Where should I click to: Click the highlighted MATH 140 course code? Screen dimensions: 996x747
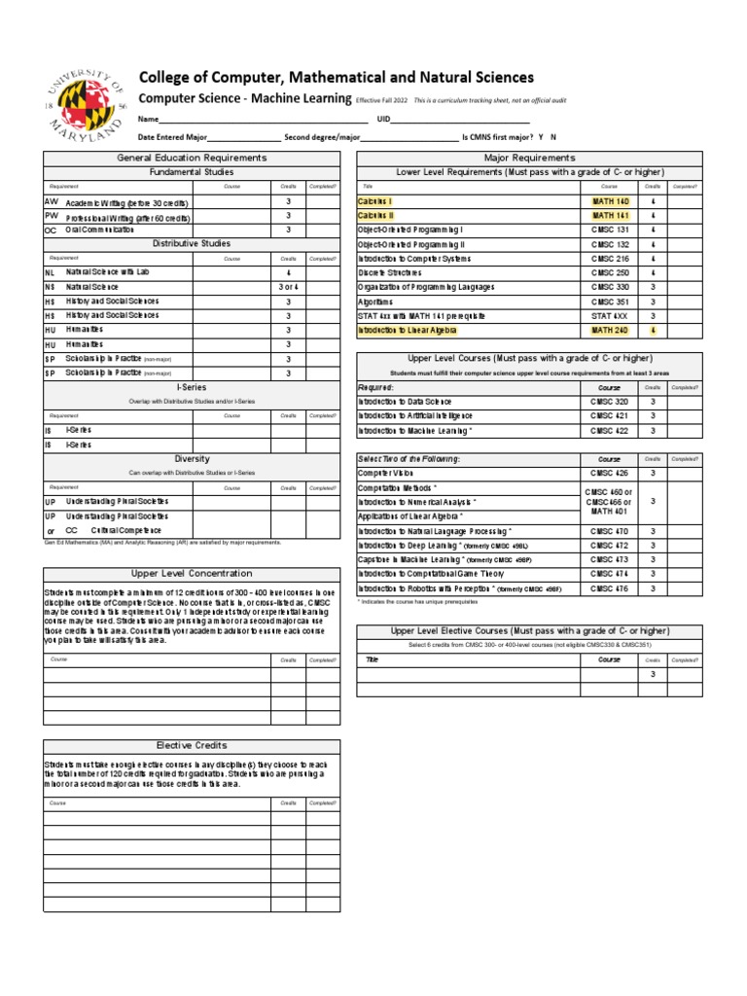click(610, 201)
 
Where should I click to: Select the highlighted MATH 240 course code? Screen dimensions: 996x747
click(610, 331)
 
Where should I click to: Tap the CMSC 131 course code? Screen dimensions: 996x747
click(610, 230)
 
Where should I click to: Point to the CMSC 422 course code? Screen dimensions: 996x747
click(610, 431)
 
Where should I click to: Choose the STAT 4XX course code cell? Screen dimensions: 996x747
click(610, 316)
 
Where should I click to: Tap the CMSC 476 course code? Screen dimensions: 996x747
click(610, 588)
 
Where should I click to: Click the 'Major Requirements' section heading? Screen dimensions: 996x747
click(529, 158)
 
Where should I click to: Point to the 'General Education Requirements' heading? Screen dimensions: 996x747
click(192, 158)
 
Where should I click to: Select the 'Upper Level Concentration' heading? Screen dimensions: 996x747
click(192, 574)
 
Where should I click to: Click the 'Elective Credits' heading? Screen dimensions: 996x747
click(192, 745)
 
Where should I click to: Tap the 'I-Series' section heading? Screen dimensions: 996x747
click(192, 386)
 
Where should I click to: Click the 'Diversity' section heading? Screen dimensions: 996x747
click(192, 458)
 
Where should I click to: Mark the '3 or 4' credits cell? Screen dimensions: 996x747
click(288, 287)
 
